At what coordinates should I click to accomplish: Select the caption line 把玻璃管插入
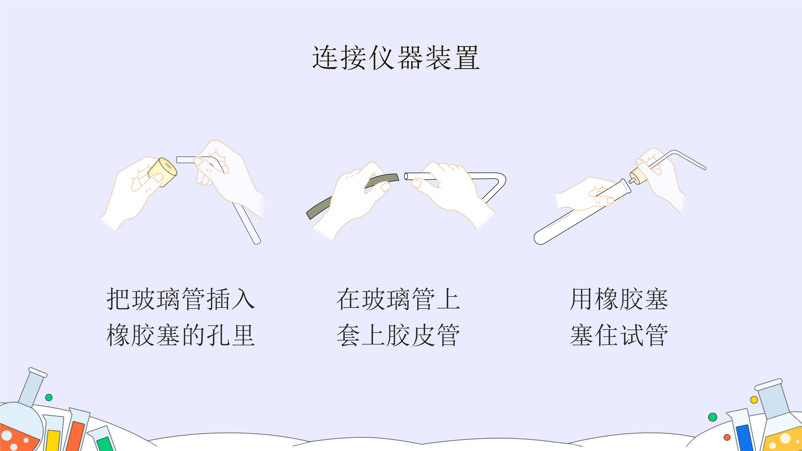(x=181, y=299)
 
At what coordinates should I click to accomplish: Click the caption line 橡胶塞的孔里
(x=181, y=335)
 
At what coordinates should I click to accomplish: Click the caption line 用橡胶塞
(x=619, y=299)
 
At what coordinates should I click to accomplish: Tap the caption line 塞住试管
(x=619, y=335)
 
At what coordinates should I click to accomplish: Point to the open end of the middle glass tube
(x=406, y=177)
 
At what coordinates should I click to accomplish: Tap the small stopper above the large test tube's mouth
(x=638, y=176)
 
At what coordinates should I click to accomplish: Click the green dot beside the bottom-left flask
(x=49, y=398)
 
